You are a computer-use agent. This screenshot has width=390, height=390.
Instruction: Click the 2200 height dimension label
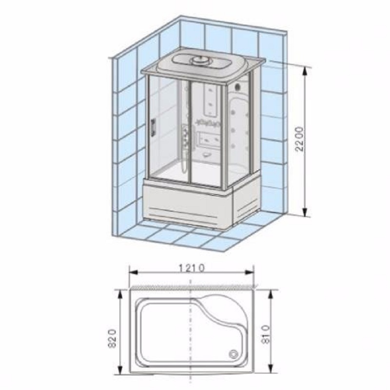pos(300,139)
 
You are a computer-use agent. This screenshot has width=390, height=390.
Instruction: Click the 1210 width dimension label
pos(192,268)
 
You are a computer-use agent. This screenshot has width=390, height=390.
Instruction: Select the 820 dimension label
pos(113,338)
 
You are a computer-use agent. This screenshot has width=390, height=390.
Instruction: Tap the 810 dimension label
pos(266,334)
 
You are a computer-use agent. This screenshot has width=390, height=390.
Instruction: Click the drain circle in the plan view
pos(234,354)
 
